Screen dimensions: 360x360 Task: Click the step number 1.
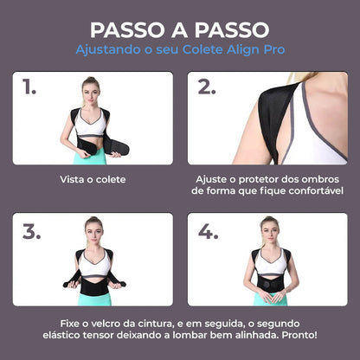pos(30,87)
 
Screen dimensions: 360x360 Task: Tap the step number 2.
pos(207,87)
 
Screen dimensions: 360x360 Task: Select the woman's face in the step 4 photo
pos(269,229)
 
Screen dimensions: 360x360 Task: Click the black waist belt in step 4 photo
pos(270,283)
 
